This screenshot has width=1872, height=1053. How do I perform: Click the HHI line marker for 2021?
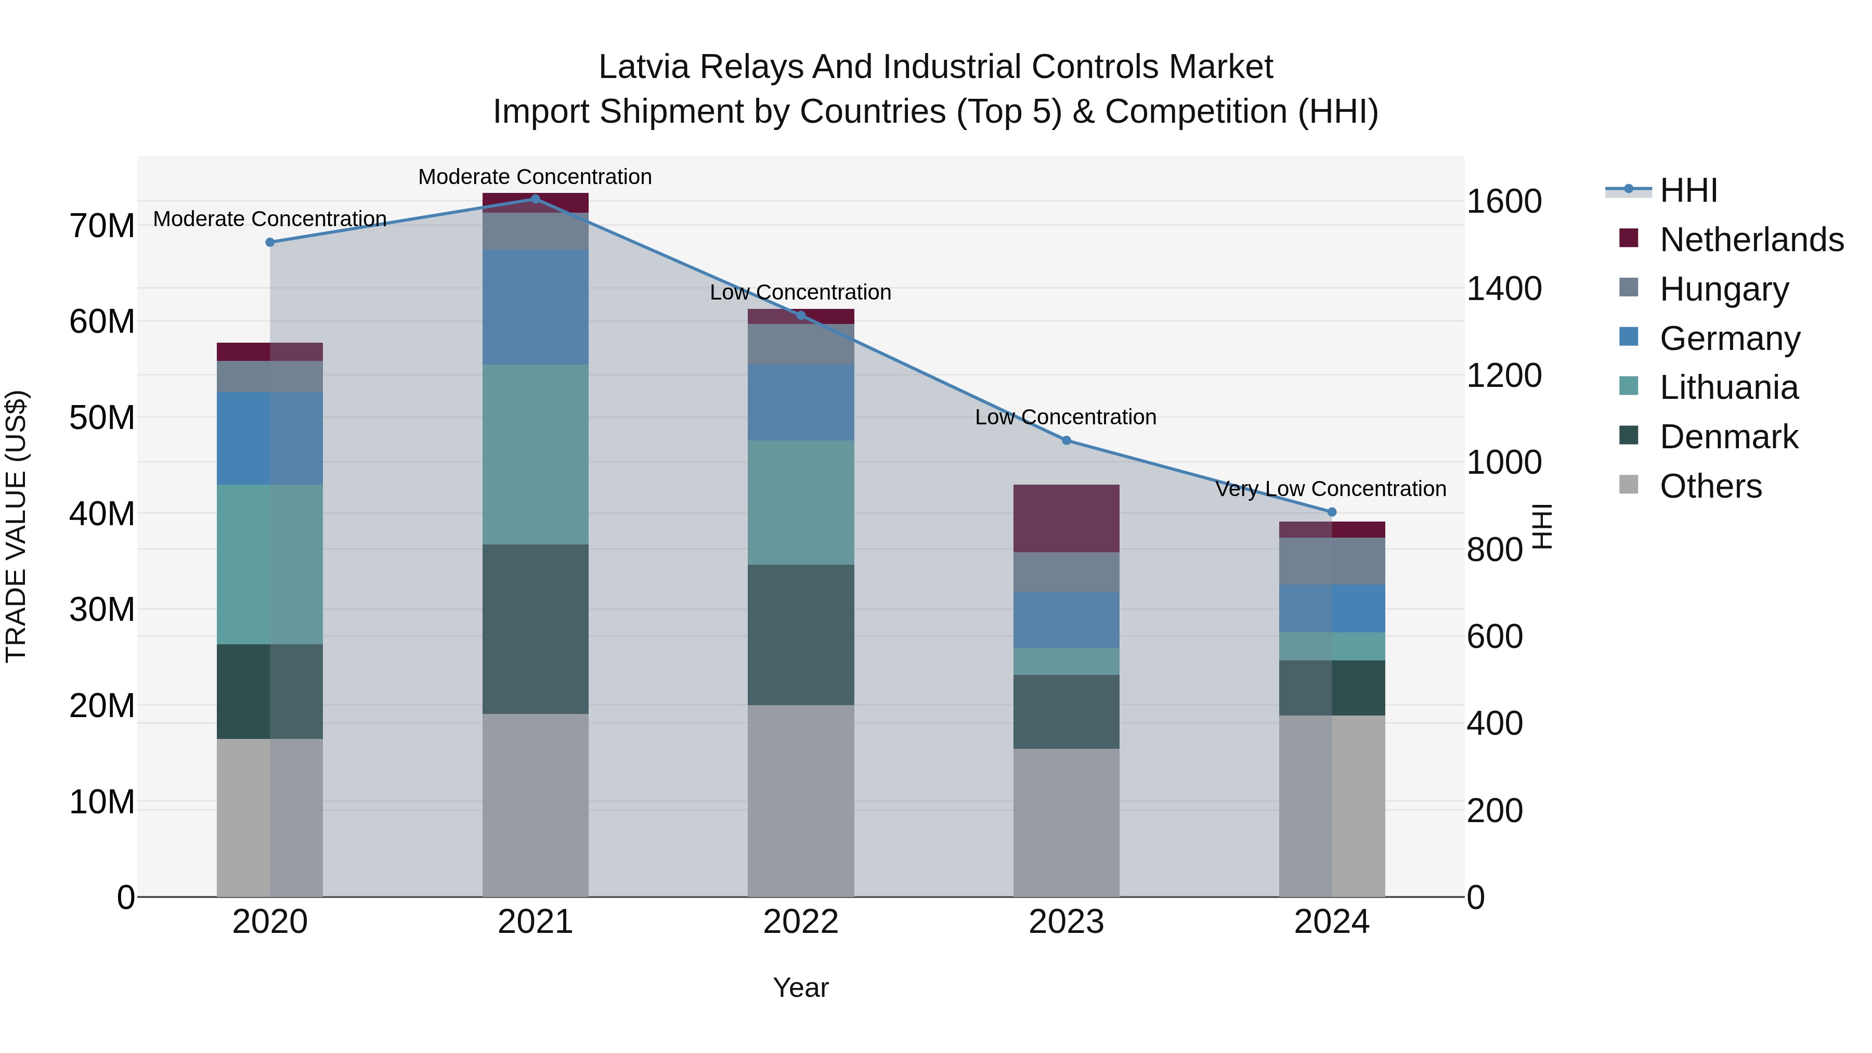535,199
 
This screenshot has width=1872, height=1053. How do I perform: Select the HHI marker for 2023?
1066,440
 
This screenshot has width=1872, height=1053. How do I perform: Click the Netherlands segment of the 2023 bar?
1066,518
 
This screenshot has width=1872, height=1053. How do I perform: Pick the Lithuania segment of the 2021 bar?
535,454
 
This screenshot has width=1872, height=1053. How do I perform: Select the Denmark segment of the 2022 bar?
800,634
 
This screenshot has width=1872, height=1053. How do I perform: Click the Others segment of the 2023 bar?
1066,823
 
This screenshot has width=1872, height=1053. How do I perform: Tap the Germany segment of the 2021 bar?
535,307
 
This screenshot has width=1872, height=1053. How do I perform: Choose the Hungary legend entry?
1724,289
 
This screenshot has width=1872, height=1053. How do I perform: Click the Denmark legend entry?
1728,437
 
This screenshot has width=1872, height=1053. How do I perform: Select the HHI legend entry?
1687,190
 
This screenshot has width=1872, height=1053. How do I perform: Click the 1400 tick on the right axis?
1503,289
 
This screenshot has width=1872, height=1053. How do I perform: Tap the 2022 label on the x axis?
800,922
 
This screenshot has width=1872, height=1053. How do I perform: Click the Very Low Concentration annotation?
1331,489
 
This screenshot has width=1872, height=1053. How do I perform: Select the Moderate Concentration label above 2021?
535,177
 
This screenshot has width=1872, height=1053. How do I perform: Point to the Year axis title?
800,987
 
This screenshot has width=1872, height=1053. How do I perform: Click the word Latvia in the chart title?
643,67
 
